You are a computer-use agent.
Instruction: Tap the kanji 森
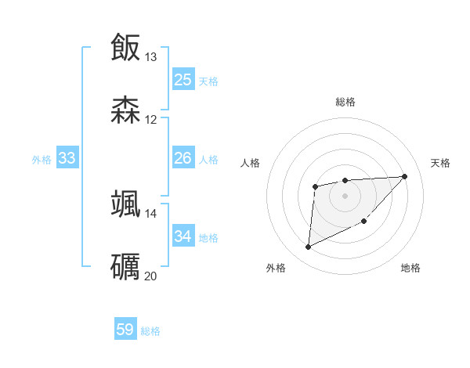pos(125,110)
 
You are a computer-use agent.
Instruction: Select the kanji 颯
pos(125,204)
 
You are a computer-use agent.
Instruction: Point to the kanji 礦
pos(125,266)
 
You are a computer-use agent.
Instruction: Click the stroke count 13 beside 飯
pos(151,57)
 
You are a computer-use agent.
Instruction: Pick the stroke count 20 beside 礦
pos(151,276)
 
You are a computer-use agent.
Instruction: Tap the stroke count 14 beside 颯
pos(151,213)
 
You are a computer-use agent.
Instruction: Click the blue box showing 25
pos(183,80)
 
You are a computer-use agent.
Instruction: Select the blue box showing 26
pos(183,158)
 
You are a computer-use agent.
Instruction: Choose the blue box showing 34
pos(183,236)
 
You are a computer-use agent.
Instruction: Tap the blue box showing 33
pos(67,159)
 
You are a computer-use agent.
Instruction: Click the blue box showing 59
pos(125,330)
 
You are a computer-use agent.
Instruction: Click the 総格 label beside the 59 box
pos(150,331)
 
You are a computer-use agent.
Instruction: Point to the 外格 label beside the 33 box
pos(42,160)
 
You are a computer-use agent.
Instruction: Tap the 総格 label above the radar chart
pos(345,102)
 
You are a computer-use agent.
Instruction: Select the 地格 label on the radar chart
pos(410,268)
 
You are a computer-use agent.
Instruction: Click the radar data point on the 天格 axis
pos(404,176)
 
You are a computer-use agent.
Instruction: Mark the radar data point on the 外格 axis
pos(308,247)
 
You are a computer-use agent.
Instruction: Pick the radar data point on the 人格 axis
pos(315,186)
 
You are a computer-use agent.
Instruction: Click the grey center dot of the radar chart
pos(345,195)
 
